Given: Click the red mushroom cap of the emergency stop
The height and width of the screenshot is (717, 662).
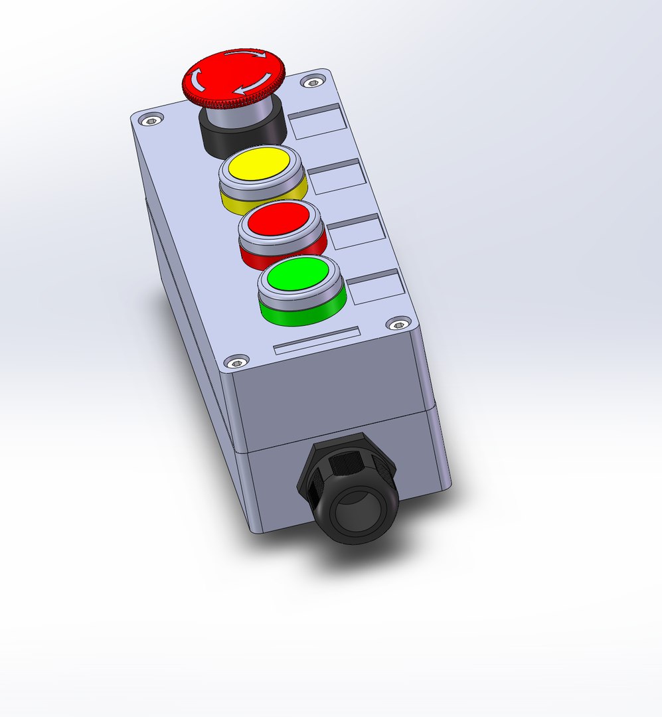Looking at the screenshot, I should [233, 76].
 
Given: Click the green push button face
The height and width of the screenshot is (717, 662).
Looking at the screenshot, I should [298, 273].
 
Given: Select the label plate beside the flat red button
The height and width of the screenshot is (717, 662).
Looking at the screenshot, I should [357, 233].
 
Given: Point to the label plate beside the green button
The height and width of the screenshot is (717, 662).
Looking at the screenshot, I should [376, 287].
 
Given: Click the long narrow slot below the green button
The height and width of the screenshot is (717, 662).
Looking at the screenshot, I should [317, 339].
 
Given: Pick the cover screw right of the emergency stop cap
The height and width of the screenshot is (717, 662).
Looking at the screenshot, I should [312, 82].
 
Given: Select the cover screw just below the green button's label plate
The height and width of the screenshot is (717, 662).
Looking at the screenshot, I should [398, 325].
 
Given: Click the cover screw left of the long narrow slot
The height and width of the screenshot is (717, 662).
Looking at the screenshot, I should [236, 362].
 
